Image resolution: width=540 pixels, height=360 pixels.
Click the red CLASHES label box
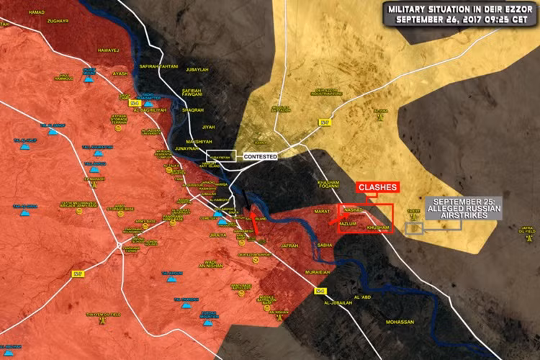tap(377, 187)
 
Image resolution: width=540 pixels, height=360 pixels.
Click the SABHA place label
tap(325, 245)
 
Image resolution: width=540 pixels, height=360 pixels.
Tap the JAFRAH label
tap(289, 246)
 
